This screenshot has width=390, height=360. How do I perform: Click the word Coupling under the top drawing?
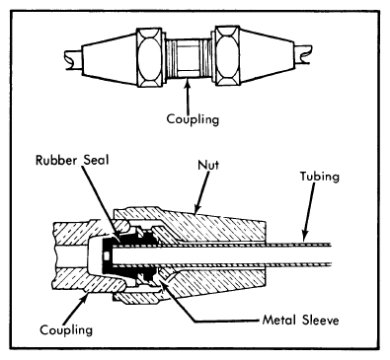(x=193, y=118)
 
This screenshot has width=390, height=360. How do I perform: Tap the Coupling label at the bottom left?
(x=66, y=329)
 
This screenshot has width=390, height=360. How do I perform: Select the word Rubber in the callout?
(x=56, y=160)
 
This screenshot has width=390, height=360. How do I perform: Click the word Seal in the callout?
(x=96, y=160)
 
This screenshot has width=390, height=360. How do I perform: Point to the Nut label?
(x=208, y=165)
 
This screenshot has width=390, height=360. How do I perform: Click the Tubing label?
(x=319, y=177)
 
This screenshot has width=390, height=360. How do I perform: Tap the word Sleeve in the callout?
(x=321, y=320)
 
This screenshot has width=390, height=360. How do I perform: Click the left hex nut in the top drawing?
(x=149, y=57)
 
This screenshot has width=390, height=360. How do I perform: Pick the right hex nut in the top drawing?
(x=228, y=56)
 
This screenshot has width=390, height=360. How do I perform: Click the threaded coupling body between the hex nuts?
(x=189, y=58)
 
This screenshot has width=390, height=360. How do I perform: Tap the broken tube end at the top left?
(x=73, y=59)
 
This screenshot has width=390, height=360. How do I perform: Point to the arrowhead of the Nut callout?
(x=197, y=209)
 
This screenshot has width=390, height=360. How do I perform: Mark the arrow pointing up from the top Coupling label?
(x=188, y=97)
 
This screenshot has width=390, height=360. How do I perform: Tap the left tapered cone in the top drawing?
(x=109, y=58)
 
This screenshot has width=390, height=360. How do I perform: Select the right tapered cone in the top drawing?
(x=268, y=55)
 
